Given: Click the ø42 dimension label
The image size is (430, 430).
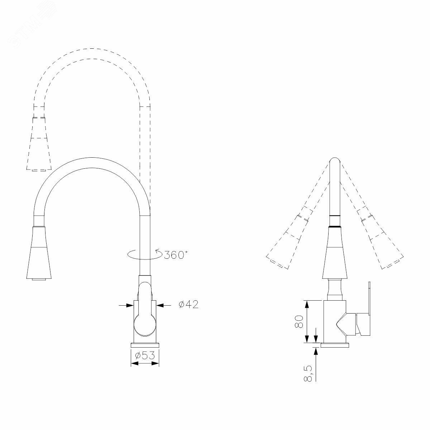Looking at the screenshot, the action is coord(188,304).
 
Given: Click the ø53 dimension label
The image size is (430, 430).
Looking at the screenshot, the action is coord(145,355).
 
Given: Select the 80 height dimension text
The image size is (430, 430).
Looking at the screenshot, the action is coord(299,321).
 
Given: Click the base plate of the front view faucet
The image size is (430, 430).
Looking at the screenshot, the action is coord(145,351).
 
